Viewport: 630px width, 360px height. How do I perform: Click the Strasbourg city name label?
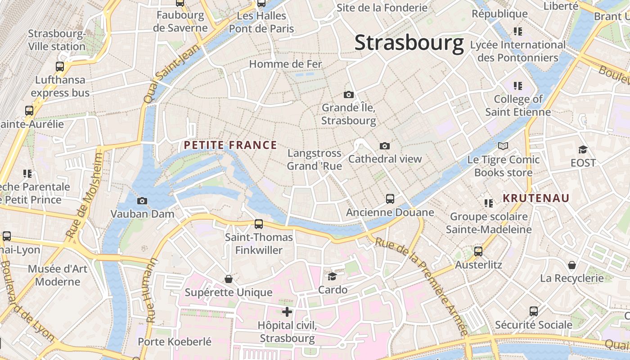[409, 43]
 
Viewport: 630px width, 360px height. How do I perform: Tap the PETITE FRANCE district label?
[230, 145]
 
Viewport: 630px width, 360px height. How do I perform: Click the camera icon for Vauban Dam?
[142, 201]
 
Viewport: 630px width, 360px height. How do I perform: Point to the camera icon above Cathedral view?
[384, 146]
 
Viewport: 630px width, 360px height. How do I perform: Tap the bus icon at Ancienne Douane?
[390, 199]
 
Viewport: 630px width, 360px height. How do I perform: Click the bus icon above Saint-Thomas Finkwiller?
[259, 224]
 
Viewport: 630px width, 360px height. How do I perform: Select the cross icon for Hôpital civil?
[287, 311]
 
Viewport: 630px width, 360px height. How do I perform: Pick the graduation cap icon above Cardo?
[333, 276]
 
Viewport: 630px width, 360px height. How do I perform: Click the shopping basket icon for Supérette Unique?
[229, 279]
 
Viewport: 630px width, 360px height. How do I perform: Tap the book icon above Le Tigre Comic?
[503, 146]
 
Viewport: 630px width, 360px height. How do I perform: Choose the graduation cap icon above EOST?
[583, 149]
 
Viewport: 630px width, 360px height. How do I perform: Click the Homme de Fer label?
[286, 64]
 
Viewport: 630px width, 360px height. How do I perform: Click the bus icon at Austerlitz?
[478, 252]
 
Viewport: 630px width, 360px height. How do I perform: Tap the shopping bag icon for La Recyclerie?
[572, 265]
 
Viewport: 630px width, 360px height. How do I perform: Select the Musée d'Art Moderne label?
[58, 275]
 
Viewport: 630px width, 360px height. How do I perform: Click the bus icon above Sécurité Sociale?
[534, 311]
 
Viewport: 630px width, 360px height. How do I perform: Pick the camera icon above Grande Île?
[348, 94]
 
